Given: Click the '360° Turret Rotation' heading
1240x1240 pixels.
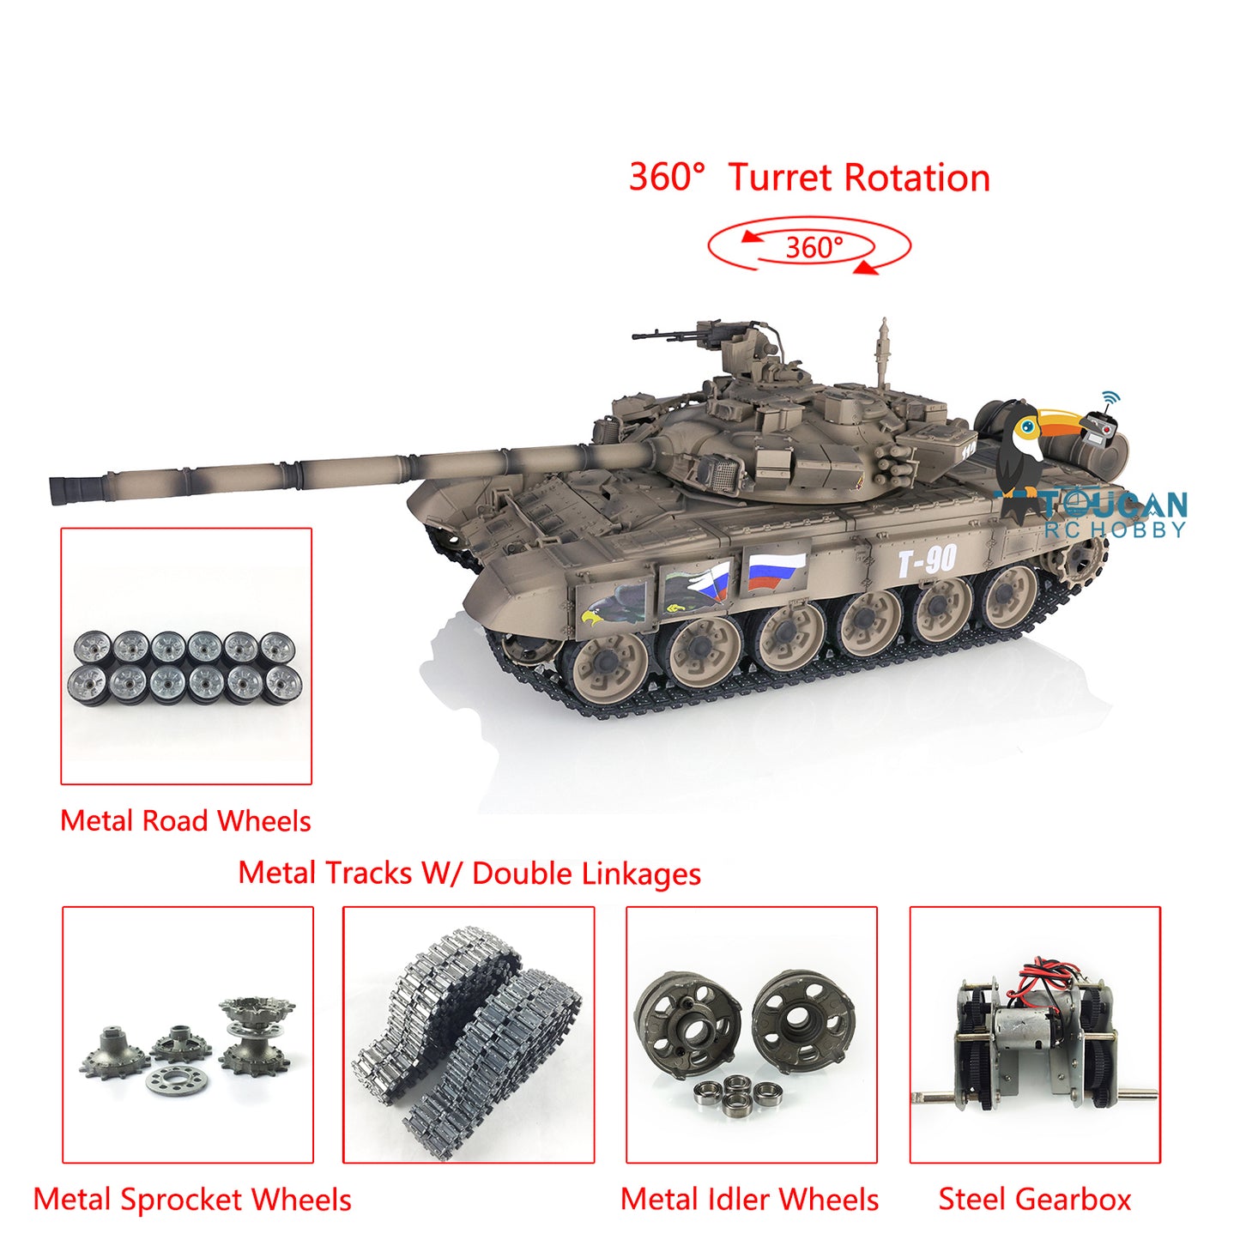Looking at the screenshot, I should [809, 178].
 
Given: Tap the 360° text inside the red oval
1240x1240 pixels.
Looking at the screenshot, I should [814, 248].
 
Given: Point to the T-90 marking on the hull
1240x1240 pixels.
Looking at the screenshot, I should [927, 561].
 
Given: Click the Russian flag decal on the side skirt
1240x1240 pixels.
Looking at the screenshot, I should [776, 571].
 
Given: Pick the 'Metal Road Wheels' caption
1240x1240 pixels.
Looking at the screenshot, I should [185, 821].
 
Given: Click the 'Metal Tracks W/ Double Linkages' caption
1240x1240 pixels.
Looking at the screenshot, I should [469, 874].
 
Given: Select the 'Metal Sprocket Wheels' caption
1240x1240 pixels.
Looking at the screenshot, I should [192, 1200].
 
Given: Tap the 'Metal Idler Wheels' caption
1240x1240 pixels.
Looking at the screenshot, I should [749, 1200].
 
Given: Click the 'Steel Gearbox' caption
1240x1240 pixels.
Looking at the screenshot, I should [1034, 1200].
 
